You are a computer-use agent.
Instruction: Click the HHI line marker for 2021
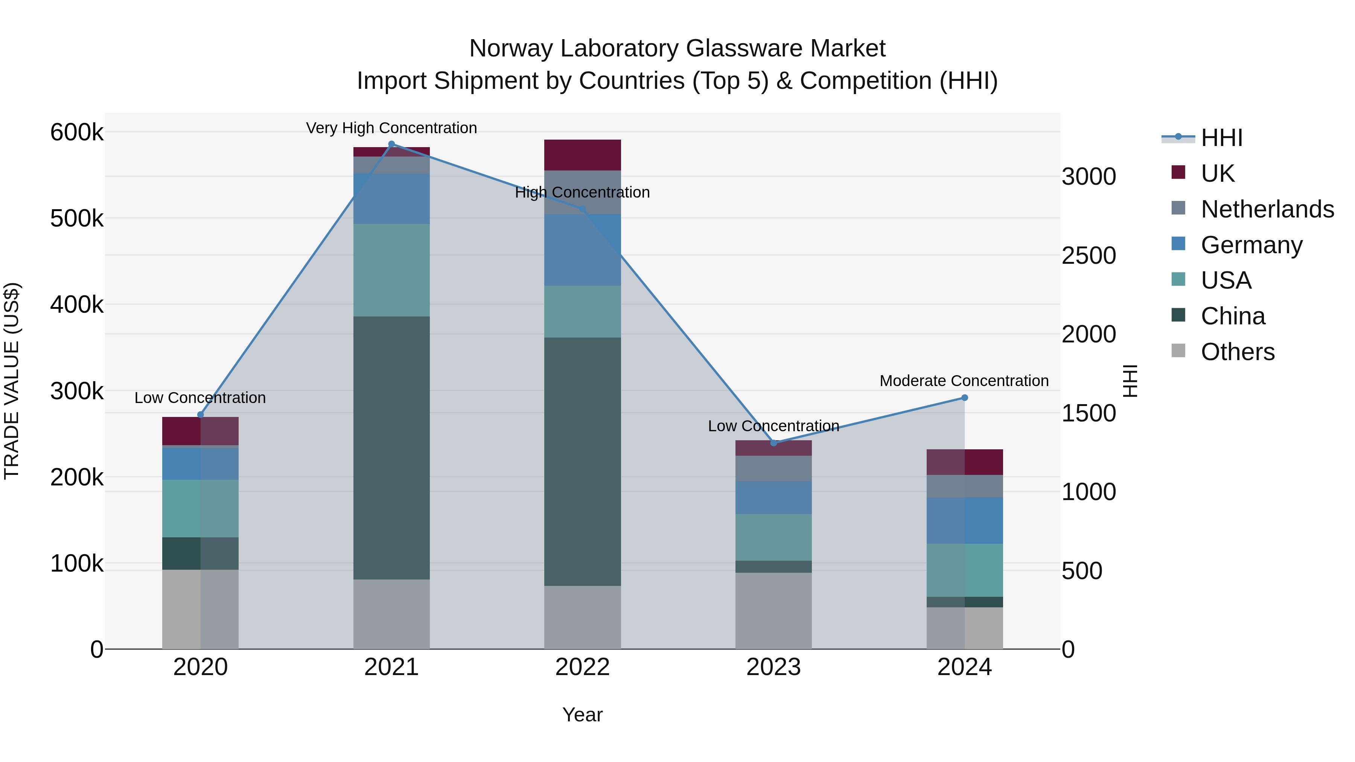tap(391, 144)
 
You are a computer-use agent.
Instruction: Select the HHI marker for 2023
tap(773, 443)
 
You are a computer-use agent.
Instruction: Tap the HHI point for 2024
tap(964, 398)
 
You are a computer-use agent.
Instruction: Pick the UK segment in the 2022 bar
tap(582, 155)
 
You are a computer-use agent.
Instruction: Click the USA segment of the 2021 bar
tap(391, 270)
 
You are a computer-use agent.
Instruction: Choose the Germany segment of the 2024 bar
tap(964, 521)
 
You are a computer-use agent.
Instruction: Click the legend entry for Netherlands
tap(1267, 209)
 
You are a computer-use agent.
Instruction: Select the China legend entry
tap(1232, 316)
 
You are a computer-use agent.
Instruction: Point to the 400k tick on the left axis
tap(77, 304)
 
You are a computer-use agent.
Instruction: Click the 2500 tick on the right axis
tap(1088, 256)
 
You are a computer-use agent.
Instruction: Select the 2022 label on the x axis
tap(582, 667)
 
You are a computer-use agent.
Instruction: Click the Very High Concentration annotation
tap(391, 128)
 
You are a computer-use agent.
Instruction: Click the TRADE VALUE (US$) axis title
tap(12, 381)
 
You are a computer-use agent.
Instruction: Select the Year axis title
tap(582, 715)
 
